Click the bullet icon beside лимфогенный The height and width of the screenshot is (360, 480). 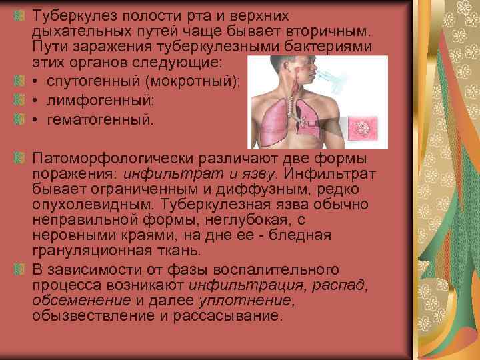click(20, 101)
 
